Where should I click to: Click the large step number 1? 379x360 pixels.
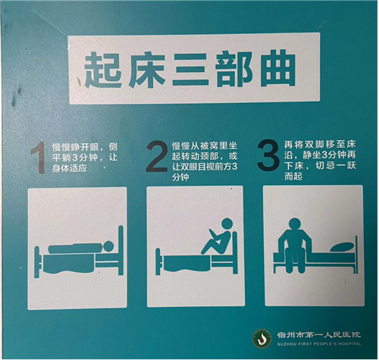pos(39,158)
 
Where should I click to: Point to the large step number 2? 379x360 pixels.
pos(157,156)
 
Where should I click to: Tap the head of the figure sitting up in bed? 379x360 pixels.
pos(227,224)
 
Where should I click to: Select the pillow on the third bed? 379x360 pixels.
pos(342,247)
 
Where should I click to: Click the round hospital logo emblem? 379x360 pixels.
pos(262,338)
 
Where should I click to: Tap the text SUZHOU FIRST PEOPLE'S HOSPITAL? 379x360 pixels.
pos(319,344)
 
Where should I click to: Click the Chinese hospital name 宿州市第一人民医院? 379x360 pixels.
pos(319,335)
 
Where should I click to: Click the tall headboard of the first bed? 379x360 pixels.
pos(121,250)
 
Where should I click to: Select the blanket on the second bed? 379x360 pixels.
pos(187,263)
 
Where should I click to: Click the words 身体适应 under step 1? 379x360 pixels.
pos(70,168)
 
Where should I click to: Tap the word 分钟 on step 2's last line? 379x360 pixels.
pos(180,177)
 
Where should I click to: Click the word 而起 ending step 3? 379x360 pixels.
pos(293,176)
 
